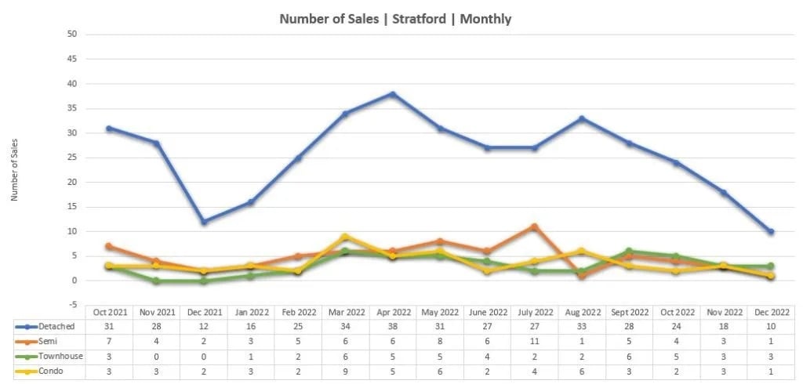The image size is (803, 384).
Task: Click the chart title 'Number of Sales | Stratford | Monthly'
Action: click(x=395, y=19)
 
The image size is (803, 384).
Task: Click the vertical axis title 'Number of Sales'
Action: click(x=14, y=169)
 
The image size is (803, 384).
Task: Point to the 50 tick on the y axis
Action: click(x=72, y=34)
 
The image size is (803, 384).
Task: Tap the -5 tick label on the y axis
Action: click(x=72, y=305)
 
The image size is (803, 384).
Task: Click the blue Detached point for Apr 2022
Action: click(x=392, y=94)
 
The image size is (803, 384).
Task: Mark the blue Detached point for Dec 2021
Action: click(x=204, y=222)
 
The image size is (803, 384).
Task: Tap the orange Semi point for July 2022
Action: click(x=534, y=226)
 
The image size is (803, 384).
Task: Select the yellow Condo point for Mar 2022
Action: click(x=345, y=237)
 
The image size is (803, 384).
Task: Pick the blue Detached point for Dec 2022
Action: click(x=771, y=232)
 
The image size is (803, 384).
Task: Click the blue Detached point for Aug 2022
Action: click(x=582, y=118)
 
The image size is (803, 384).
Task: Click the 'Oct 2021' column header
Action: click(x=109, y=311)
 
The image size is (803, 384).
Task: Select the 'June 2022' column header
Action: click(x=487, y=311)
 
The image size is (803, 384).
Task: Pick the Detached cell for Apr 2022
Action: click(x=392, y=326)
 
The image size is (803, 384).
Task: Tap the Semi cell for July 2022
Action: click(x=534, y=341)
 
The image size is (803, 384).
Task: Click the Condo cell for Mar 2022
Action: click(x=345, y=371)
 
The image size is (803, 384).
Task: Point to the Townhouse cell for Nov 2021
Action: click(x=156, y=356)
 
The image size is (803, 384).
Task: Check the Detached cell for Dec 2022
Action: click(x=771, y=326)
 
